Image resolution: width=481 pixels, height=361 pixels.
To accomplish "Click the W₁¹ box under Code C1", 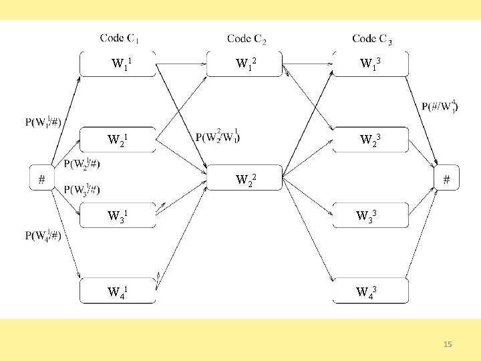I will pyautogui.click(x=118, y=64).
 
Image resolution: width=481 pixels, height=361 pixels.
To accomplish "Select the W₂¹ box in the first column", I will pyautogui.click(x=118, y=140).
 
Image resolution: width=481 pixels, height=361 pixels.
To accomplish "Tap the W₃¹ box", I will pyautogui.click(x=118, y=215).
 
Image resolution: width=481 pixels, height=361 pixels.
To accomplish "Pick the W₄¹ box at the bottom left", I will pyautogui.click(x=118, y=291).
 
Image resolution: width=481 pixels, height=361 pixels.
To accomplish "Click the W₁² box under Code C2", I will pyautogui.click(x=245, y=64).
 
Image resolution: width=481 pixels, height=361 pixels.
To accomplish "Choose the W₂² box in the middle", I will pyautogui.click(x=245, y=178).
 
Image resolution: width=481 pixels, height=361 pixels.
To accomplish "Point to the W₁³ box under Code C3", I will pyautogui.click(x=370, y=64).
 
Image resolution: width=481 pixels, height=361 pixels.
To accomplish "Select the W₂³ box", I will pyautogui.click(x=370, y=140).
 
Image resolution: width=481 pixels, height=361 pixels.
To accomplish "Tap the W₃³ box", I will pyautogui.click(x=370, y=215).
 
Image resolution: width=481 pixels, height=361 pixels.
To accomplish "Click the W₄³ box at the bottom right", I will pyautogui.click(x=370, y=291).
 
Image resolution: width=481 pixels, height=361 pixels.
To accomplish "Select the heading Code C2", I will pyautogui.click(x=247, y=39).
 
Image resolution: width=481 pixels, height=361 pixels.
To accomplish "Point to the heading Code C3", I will pyautogui.click(x=372, y=39).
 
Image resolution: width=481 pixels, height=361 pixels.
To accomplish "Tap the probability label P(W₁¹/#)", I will pyautogui.click(x=44, y=122).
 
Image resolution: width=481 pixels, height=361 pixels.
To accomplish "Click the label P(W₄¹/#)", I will pyautogui.click(x=44, y=235).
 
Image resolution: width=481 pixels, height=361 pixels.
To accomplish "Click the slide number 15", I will pyautogui.click(x=448, y=344).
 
